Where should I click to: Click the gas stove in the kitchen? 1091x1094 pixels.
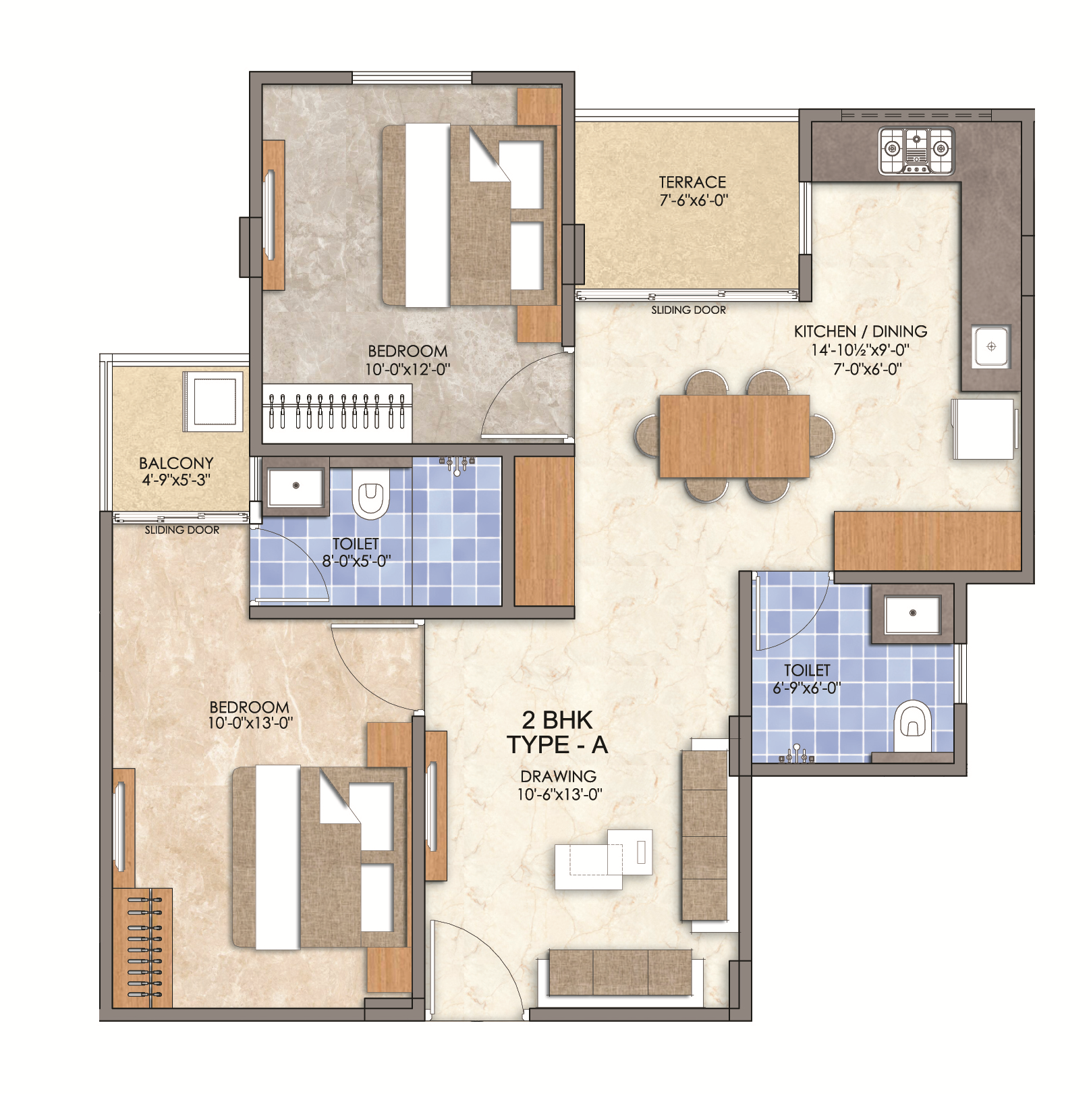coord(917,151)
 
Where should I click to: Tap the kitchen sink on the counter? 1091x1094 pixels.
coord(990,347)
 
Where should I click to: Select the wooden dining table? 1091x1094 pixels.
coord(734,436)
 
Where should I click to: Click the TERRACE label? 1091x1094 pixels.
coord(692,182)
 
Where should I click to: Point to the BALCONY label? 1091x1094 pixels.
coord(176,463)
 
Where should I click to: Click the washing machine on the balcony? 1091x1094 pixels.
coord(213,402)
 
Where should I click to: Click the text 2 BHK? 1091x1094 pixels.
coord(557,720)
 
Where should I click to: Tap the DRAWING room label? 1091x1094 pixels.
coord(558,776)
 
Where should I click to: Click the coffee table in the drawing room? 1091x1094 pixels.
coord(603,859)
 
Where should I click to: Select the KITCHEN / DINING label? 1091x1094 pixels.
coord(860,331)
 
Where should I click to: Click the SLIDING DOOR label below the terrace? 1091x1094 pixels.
coord(688,310)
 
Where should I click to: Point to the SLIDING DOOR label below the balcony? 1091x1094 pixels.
coord(182,530)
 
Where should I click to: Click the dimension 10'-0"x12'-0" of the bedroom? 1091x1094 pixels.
coord(408,369)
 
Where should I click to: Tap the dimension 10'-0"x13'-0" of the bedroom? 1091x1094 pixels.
coord(250,723)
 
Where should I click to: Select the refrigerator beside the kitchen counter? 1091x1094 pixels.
coord(983,429)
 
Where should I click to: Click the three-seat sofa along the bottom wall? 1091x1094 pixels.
coord(621,972)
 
